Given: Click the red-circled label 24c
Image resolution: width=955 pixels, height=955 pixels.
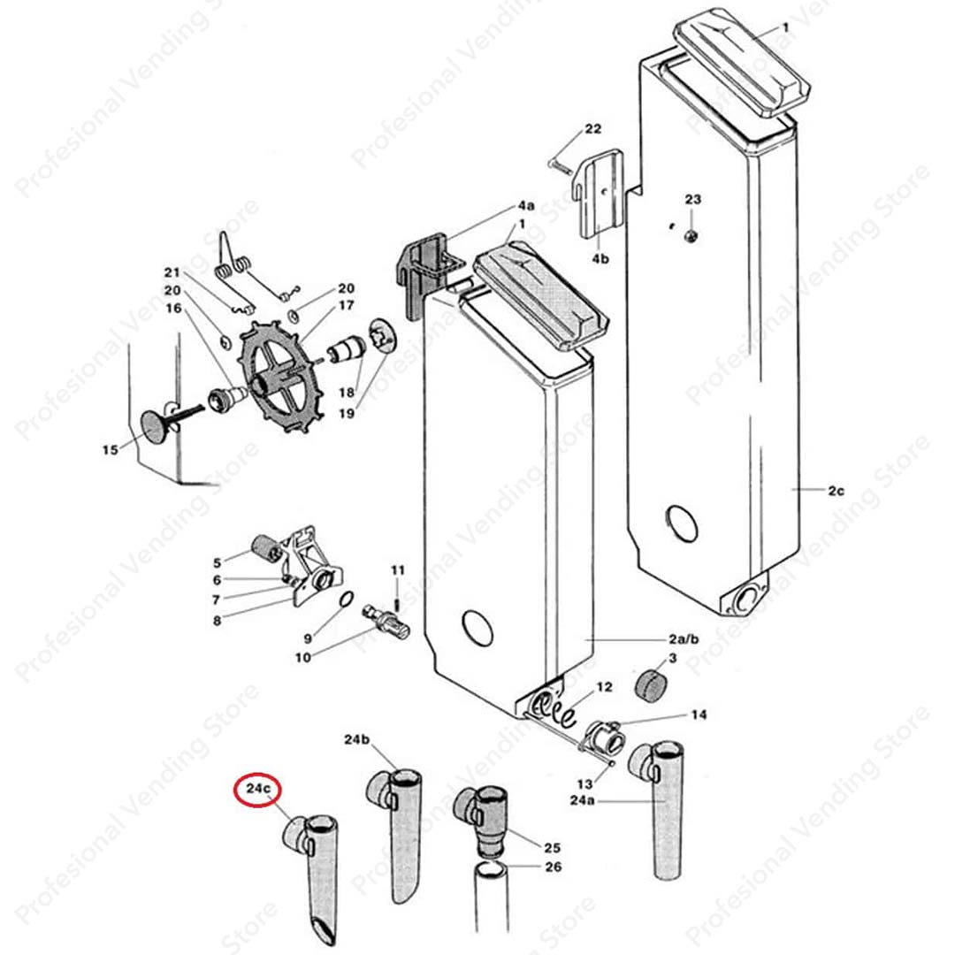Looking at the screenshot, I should tap(258, 789).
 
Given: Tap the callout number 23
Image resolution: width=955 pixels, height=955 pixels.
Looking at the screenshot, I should tap(692, 200).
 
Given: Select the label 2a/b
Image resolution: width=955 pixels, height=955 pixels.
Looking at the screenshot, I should tap(684, 638).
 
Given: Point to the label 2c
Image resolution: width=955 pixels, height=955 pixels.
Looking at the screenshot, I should tap(837, 489).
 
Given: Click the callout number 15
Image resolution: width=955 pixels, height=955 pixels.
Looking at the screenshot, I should tap(110, 450).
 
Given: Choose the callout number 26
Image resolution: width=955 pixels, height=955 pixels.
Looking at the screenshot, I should tap(553, 867).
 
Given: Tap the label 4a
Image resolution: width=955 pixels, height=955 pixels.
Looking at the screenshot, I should tap(526, 206).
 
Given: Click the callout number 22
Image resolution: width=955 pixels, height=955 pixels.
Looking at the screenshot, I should tap(592, 129).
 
